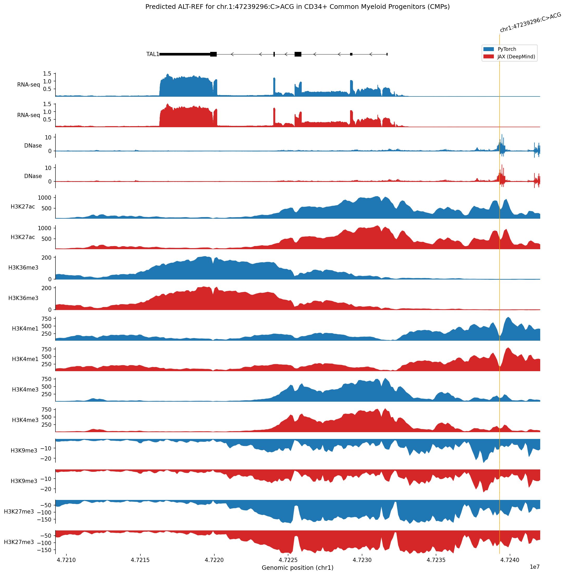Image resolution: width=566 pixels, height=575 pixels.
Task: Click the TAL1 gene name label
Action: pos(152,54)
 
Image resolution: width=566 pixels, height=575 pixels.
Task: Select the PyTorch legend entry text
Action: pos(507,49)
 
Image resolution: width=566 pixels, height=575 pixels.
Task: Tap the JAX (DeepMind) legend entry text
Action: pos(516,57)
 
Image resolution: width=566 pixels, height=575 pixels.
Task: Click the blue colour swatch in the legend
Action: pos(488,49)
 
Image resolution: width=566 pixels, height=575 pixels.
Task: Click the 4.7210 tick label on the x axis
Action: pos(66,560)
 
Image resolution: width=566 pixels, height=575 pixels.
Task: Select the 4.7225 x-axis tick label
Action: pos(288,560)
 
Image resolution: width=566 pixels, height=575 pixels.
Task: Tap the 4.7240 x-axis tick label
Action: pos(510,560)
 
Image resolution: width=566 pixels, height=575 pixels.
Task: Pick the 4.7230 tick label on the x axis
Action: pos(362,560)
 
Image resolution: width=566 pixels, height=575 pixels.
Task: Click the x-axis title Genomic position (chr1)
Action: pos(297,567)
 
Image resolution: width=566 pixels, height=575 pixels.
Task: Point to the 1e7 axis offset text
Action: pos(534,567)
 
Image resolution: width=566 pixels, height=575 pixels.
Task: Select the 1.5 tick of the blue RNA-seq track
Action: pos(47,74)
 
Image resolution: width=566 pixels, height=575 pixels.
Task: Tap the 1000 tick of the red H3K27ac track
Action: pos(44,228)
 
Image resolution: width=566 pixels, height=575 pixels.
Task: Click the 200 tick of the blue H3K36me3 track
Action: pos(46,258)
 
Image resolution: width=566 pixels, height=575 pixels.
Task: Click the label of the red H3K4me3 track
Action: pos(25,420)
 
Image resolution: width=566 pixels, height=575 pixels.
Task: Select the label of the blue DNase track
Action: pos(33,145)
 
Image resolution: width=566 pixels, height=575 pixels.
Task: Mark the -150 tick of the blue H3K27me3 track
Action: pos(44,520)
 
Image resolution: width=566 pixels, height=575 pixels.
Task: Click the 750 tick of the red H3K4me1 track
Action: pos(46,349)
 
